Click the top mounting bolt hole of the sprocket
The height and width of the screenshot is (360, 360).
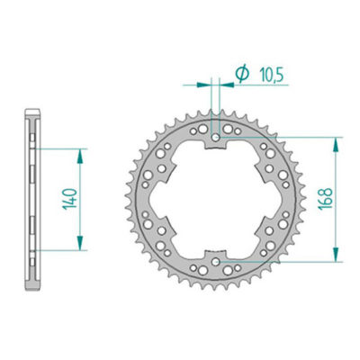click(216, 139)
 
